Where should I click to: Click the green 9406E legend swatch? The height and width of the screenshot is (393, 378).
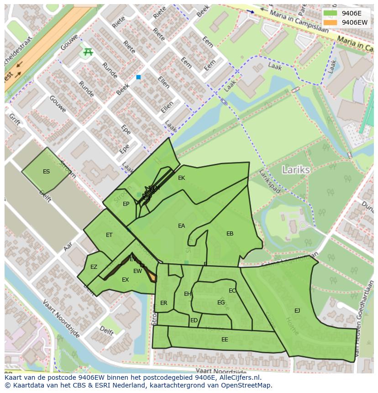click(330, 13)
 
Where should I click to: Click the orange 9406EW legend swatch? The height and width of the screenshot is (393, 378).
click(330, 22)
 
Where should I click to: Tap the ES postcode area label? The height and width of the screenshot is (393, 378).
click(46, 172)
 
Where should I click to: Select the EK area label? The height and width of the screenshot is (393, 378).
click(181, 178)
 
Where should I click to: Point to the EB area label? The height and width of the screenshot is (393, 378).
click(230, 234)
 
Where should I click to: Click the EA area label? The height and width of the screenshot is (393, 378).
click(181, 226)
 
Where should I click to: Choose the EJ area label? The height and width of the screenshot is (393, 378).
click(297, 311)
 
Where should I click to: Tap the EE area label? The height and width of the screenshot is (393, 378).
click(225, 340)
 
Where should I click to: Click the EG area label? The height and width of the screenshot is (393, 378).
click(221, 303)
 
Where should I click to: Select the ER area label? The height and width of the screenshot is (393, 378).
click(163, 303)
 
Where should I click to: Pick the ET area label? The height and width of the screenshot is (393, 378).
click(109, 235)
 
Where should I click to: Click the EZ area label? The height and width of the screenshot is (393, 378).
click(94, 267)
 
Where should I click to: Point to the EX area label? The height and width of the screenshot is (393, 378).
click(125, 280)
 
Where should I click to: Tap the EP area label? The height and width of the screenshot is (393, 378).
click(126, 204)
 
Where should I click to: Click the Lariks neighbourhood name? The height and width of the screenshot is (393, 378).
click(296, 170)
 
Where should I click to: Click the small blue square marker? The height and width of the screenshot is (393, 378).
click(138, 78)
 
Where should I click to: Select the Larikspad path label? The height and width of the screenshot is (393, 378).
click(269, 182)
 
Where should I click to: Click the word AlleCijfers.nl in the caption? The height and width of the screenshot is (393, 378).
click(238, 377)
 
